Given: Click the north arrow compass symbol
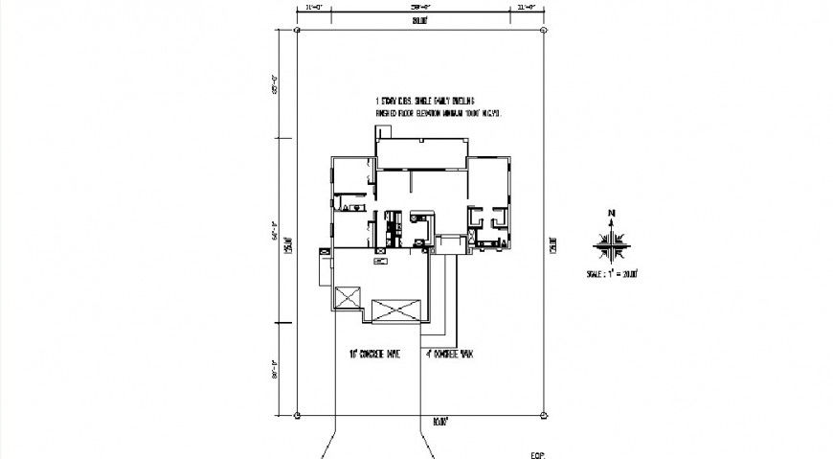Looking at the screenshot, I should coord(608,239).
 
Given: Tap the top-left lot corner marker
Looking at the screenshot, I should coord(298,31).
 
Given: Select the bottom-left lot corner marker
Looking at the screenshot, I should coord(298,416).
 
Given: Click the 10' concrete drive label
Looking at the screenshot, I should coord(374,354).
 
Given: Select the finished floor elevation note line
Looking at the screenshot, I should coord(438,113).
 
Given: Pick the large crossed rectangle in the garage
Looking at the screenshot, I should coord(396,310).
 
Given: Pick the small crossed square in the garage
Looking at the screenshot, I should coord(347,296).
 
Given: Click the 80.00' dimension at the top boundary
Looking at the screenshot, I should coord(419,20).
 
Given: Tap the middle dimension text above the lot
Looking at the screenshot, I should coord(419,7).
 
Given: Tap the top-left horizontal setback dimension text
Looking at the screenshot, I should coord(312,7).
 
